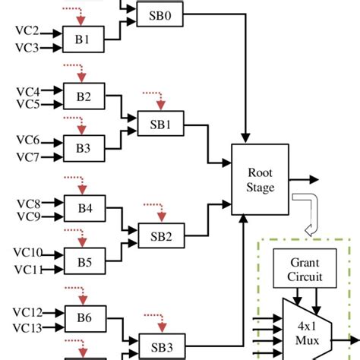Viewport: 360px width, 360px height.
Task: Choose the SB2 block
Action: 156,235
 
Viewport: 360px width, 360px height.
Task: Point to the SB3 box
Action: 156,346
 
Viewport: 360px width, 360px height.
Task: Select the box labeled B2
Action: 84,96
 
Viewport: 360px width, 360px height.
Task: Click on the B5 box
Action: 84,263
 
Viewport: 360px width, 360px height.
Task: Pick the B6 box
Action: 84,318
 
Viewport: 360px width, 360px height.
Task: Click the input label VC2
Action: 27,33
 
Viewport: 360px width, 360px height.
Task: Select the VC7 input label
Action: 27,157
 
